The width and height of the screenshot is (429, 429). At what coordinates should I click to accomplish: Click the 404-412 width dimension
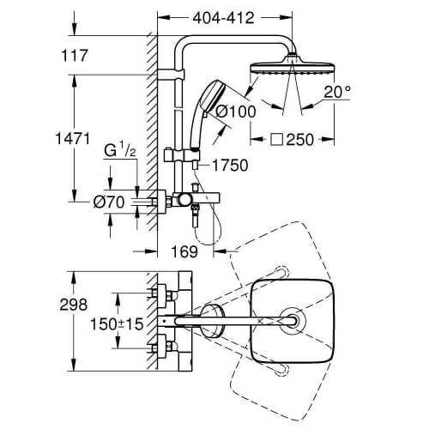(x=223, y=18)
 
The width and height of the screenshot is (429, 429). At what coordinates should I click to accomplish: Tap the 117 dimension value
(x=75, y=56)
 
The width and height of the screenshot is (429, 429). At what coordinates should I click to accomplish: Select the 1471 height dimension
(x=73, y=139)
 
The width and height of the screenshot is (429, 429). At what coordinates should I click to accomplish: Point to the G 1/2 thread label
(x=120, y=150)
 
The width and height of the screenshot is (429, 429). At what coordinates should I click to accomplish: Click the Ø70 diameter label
(x=109, y=202)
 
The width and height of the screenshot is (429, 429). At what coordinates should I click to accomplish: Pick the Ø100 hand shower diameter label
(x=235, y=112)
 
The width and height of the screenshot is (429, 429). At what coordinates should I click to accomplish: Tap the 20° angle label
(x=337, y=92)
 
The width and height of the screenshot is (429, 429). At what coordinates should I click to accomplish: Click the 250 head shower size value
(x=300, y=140)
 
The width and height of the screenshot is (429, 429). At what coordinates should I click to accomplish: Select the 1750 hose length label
(x=230, y=166)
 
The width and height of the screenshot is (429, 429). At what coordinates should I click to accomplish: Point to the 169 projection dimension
(x=184, y=251)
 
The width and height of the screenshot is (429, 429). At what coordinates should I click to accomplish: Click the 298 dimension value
(x=74, y=305)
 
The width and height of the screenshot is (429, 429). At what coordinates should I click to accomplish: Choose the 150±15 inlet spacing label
(x=117, y=324)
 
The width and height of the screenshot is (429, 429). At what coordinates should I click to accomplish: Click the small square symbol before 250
(x=277, y=140)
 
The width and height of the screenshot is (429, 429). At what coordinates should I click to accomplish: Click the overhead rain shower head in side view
(x=292, y=65)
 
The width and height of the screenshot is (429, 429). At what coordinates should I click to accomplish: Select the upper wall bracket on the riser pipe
(x=171, y=75)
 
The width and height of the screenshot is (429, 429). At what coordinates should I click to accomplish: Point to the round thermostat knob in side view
(x=184, y=200)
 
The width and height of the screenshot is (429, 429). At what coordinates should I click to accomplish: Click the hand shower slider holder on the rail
(x=182, y=156)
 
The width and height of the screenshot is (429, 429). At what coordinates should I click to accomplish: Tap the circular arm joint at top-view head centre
(x=293, y=321)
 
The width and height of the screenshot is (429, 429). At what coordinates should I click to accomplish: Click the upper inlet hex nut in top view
(x=170, y=295)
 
